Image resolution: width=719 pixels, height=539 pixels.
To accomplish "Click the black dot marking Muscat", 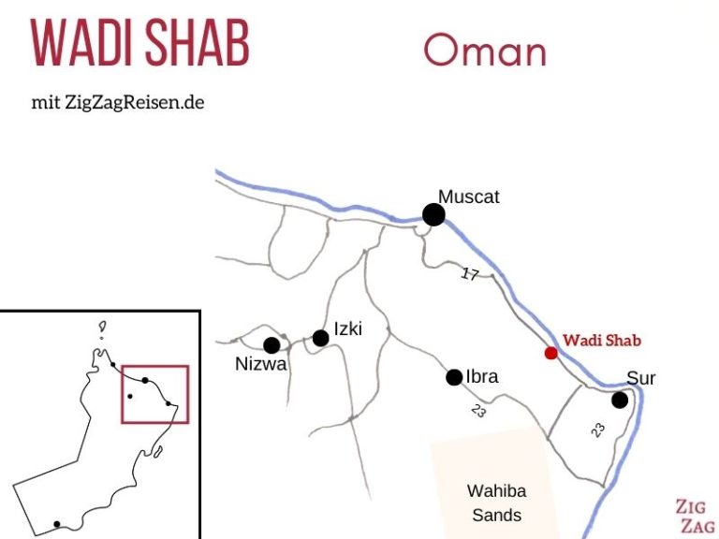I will (433, 215).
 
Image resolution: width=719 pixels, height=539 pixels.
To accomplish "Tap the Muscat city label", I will (469, 197).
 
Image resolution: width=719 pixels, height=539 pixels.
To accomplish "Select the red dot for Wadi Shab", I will (550, 353).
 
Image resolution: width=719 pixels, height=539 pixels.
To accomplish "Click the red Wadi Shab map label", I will (602, 341).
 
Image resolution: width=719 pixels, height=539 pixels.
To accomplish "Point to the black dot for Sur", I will (619, 401).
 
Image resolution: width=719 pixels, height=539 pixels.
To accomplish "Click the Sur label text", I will (641, 379).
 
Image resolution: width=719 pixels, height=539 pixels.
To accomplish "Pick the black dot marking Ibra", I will (454, 377).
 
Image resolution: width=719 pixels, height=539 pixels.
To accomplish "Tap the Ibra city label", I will (481, 377).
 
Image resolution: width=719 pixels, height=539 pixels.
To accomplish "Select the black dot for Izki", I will (320, 338).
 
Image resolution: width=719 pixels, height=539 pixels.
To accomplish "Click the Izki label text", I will (347, 328).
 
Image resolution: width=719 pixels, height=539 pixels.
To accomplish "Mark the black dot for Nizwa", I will (271, 345).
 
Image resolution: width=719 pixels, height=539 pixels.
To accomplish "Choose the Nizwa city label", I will (261, 365).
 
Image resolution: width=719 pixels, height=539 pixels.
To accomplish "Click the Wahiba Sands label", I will (496, 503).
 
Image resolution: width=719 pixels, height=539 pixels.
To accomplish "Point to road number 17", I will (470, 274).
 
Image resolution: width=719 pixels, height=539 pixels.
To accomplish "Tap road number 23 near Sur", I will (598, 430).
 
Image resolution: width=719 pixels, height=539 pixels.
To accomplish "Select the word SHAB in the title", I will (196, 43).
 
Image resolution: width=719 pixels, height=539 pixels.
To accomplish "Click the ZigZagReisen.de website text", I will (134, 102).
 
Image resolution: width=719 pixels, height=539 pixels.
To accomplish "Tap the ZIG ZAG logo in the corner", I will (695, 516).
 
